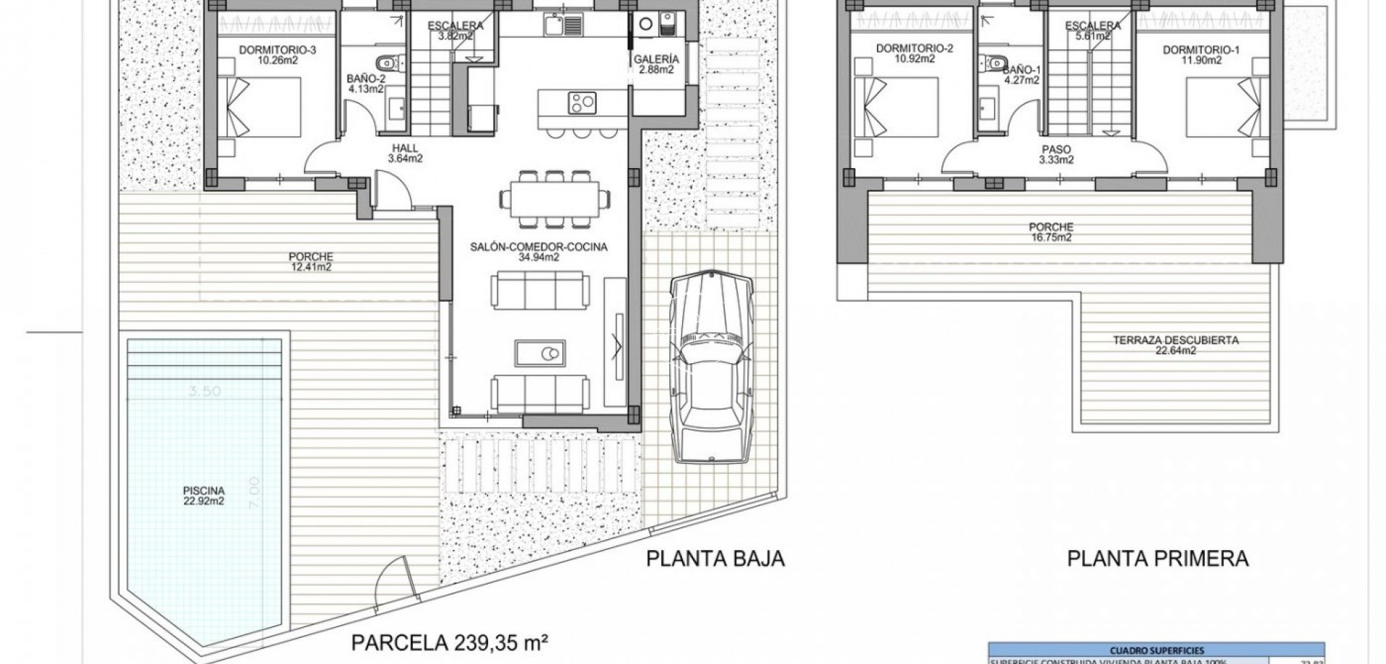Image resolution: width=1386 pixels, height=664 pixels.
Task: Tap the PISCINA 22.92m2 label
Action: [204, 495]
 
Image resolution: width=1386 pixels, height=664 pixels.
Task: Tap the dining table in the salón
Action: [554, 198]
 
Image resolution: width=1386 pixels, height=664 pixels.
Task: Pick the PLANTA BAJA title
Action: [715, 559]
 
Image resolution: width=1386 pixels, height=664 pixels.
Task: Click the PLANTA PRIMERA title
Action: [1157, 559]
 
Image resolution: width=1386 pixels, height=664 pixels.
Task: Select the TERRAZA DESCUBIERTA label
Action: [1175, 345]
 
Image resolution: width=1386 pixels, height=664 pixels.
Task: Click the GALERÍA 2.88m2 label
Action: [656, 64]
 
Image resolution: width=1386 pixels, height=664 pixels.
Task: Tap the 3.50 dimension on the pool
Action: [204, 391]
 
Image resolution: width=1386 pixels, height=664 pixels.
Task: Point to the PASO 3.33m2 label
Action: [1056, 154]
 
